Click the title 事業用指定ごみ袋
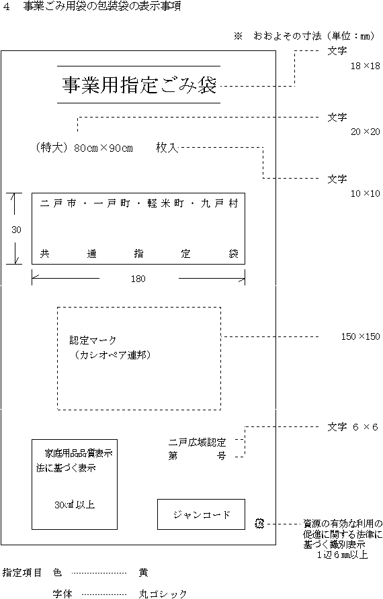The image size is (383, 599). (x=140, y=85)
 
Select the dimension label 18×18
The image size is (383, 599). (x=366, y=66)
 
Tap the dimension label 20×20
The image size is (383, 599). (x=366, y=132)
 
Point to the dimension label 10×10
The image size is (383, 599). (x=366, y=193)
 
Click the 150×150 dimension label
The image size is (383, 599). (x=360, y=336)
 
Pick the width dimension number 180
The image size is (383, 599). (x=138, y=279)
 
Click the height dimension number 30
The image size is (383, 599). (x=16, y=230)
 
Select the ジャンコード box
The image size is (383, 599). (x=201, y=514)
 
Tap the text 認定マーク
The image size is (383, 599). (x=93, y=340)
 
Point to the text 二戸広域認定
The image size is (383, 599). (x=198, y=443)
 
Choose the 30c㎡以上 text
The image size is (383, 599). (x=75, y=504)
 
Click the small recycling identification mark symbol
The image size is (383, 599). (x=259, y=523)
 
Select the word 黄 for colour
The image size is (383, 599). (x=143, y=572)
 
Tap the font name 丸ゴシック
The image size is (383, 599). (x=163, y=594)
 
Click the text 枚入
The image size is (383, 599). (x=167, y=148)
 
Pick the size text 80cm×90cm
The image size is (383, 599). (x=103, y=148)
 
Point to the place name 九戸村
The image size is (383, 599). (x=220, y=203)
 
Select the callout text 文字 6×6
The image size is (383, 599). (x=352, y=426)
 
